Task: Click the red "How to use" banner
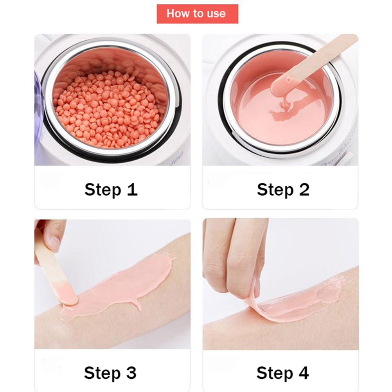(x=197, y=14)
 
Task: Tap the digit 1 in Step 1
(x=132, y=189)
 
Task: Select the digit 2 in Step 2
(x=304, y=189)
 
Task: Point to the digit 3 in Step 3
(x=131, y=373)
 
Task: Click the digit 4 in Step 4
(x=304, y=373)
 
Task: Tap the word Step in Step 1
(x=103, y=190)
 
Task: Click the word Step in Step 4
(x=275, y=374)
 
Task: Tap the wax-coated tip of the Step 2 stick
(x=281, y=86)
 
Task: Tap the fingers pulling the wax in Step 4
(x=235, y=257)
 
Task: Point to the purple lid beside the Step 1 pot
(x=38, y=110)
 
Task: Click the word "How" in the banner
(x=176, y=14)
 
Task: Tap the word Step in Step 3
(x=102, y=374)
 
